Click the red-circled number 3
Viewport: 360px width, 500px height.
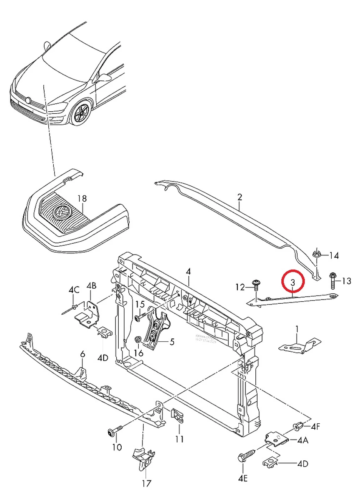[293, 282]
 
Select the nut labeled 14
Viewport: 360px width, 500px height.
[316, 254]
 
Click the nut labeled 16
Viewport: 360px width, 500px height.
[138, 340]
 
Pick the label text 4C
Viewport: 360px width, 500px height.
[74, 290]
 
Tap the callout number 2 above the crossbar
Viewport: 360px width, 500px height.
[240, 197]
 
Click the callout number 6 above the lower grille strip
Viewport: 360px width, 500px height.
[82, 354]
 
